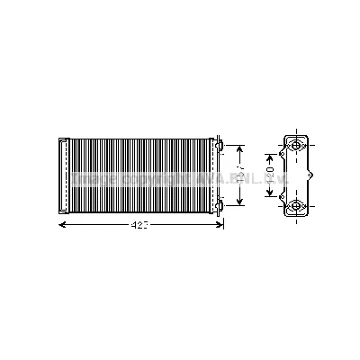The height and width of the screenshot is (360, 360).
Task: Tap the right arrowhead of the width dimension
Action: (x=220, y=225)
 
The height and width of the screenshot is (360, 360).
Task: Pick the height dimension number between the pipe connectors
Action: (x=238, y=171)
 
